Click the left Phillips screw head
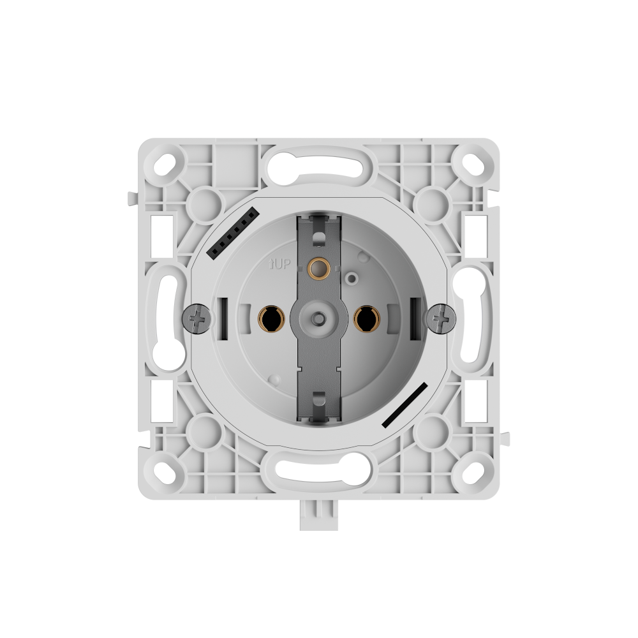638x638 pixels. [x=198, y=318]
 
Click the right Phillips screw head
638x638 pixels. [x=440, y=318]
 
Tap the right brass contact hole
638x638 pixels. [x=366, y=318]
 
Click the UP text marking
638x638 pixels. [x=279, y=265]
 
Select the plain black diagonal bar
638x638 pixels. [x=405, y=405]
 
